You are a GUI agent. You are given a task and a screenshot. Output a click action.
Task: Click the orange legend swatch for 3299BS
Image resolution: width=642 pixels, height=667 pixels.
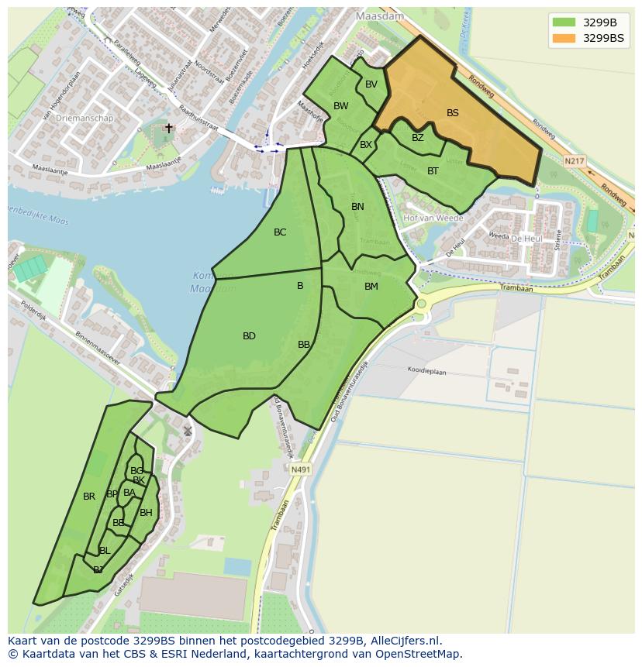tap(564, 38)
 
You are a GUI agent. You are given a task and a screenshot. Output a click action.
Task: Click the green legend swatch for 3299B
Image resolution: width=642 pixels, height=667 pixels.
tap(564, 22)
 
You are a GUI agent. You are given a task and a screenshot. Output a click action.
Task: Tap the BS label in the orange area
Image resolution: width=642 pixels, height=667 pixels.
tap(453, 113)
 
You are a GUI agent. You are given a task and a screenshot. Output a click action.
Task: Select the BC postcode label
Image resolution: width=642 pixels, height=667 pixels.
tap(280, 232)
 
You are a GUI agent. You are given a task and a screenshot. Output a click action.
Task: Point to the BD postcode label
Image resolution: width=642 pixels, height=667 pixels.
tap(249, 336)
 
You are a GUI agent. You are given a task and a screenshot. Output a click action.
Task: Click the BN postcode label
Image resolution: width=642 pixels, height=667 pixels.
tap(357, 207)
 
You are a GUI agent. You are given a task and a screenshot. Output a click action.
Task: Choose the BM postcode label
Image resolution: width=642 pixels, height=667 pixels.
tap(371, 287)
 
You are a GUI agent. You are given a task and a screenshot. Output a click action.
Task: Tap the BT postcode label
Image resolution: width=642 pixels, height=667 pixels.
tap(433, 171)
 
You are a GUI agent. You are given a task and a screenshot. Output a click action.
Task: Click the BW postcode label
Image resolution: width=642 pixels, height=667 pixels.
tap(341, 106)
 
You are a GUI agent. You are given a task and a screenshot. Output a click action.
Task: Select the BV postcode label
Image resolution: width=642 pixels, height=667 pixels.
tap(371, 84)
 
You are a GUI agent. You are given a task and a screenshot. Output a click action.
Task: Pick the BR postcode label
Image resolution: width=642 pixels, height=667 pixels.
tap(89, 497)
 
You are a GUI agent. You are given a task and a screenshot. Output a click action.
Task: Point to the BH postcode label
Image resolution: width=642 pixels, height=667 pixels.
tap(146, 513)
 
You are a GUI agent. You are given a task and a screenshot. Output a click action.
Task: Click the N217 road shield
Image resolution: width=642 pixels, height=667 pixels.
tap(574, 161)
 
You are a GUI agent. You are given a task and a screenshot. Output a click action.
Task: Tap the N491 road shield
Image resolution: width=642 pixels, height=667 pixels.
tap(300, 469)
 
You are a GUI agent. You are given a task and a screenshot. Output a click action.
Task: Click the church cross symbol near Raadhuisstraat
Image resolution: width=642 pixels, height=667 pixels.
tap(169, 129)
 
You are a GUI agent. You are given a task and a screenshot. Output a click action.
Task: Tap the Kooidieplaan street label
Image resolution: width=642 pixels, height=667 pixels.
tap(427, 372)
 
